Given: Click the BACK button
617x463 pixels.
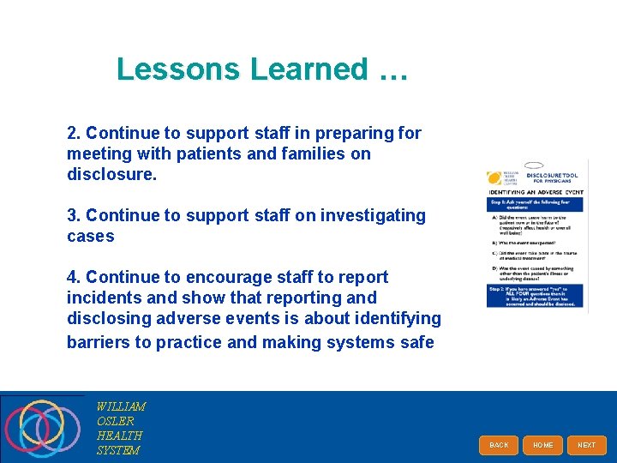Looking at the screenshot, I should pyautogui.click(x=499, y=445).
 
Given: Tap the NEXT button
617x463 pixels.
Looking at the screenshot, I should pyautogui.click(x=586, y=445).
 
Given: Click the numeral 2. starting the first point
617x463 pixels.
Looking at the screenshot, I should pyautogui.click(x=74, y=133).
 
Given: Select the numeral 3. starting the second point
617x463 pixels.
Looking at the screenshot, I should pyautogui.click(x=74, y=215).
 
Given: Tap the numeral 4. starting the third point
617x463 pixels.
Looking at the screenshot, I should pyautogui.click(x=74, y=277).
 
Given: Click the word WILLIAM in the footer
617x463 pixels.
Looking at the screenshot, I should pyautogui.click(x=121, y=406).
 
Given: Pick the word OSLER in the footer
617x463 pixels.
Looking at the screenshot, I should pyautogui.click(x=116, y=421).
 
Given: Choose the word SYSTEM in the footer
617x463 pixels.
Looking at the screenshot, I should pyautogui.click(x=118, y=450).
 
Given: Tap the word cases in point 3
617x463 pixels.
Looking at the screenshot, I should pyautogui.click(x=90, y=236).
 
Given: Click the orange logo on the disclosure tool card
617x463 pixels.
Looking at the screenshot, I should pyautogui.click(x=494, y=178).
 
